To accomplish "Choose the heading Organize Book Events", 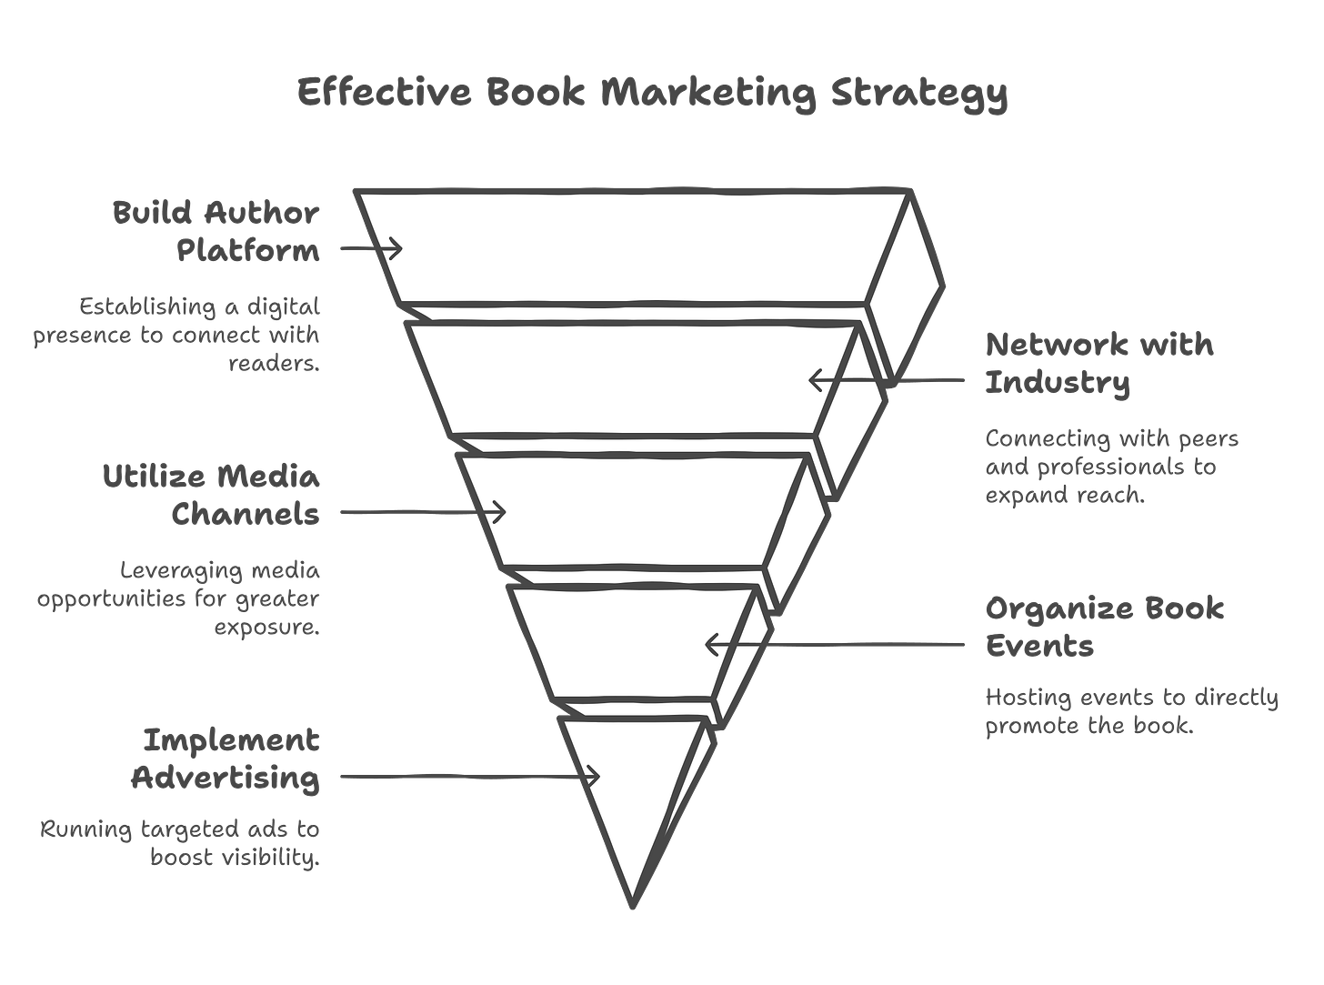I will point(1104,626).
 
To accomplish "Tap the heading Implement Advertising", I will point(226,759).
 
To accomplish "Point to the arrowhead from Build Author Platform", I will point(396,247).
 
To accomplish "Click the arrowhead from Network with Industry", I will point(814,378).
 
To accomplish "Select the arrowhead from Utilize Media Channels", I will point(499,513).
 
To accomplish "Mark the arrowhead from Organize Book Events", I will point(711,646).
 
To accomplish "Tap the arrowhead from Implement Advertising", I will point(595,777).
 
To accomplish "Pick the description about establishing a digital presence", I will point(178,335).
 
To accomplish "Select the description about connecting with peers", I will point(1111,467).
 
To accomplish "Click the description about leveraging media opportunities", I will point(178,599).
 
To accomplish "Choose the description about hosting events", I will point(1131,712).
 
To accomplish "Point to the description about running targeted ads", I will point(180,844).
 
